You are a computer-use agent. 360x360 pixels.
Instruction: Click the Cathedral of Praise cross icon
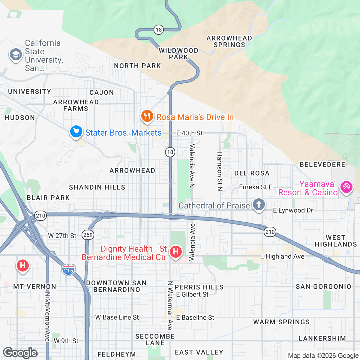(259, 205)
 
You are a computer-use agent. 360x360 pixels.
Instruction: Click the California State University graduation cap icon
(16, 55)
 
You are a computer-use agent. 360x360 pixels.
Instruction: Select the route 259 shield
(88, 235)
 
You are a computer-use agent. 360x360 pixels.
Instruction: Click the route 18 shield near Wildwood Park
(159, 29)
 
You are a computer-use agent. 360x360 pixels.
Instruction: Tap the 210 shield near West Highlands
(270, 232)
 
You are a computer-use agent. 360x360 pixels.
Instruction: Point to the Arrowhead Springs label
(229, 41)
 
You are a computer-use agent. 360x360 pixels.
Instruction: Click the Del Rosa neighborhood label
(252, 173)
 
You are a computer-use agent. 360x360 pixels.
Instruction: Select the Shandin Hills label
(97, 187)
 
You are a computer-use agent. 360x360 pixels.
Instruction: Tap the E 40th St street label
(189, 133)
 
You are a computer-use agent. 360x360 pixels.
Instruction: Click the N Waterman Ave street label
(170, 305)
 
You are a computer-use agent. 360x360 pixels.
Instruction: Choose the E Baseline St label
(195, 317)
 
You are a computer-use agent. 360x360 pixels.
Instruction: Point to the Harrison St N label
(220, 171)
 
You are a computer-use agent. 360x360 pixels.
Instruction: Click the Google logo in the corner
(20, 353)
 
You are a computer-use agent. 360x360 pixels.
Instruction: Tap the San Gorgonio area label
(323, 286)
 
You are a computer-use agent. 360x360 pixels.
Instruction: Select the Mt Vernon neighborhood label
(35, 286)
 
